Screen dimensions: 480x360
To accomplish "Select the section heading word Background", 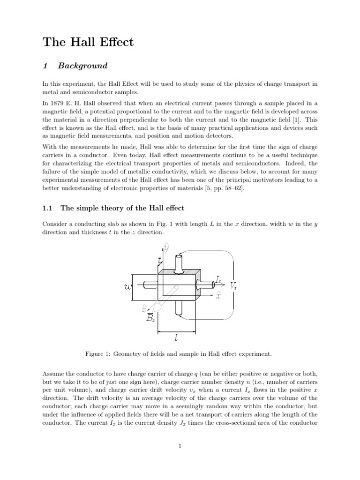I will pyautogui.click(x=86, y=66).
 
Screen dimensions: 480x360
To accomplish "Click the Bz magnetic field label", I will pyautogui.click(x=150, y=319).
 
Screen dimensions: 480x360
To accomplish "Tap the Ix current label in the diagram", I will pyautogui.click(x=218, y=280).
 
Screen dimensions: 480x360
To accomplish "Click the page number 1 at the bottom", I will pyautogui.click(x=180, y=446).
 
